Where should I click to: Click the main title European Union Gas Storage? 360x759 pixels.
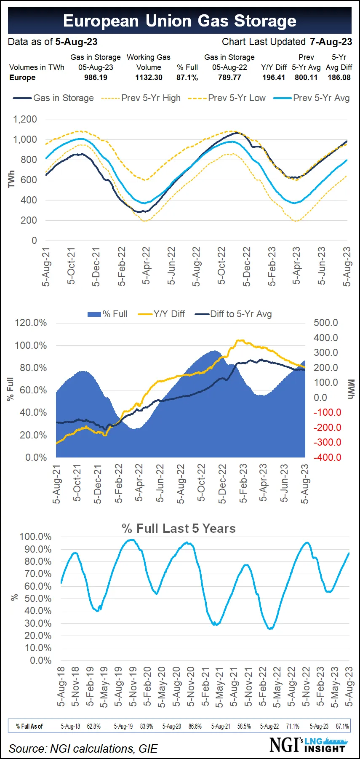tap(180, 21)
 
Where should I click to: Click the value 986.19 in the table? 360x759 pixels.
tap(96, 78)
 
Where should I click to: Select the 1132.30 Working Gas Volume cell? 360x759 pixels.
tap(149, 78)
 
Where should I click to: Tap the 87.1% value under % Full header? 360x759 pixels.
tap(187, 78)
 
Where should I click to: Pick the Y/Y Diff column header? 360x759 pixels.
tap(274, 67)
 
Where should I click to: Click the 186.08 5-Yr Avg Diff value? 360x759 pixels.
tap(339, 78)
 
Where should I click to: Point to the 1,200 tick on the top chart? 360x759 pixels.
tap(25, 119)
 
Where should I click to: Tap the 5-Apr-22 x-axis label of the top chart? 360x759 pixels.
tap(146, 266)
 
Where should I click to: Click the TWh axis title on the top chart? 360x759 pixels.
tap(11, 179)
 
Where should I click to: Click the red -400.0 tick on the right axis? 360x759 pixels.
tap(327, 457)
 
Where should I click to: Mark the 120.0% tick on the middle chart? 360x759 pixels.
tap(31, 323)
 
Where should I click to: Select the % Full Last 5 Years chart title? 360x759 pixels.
tap(179, 529)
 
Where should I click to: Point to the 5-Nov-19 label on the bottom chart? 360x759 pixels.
tap(133, 686)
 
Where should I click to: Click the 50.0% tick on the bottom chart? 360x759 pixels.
tap(38, 599)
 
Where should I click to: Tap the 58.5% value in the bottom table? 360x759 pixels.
tap(244, 726)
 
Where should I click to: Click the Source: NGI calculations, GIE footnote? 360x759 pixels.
tap(83, 748)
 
